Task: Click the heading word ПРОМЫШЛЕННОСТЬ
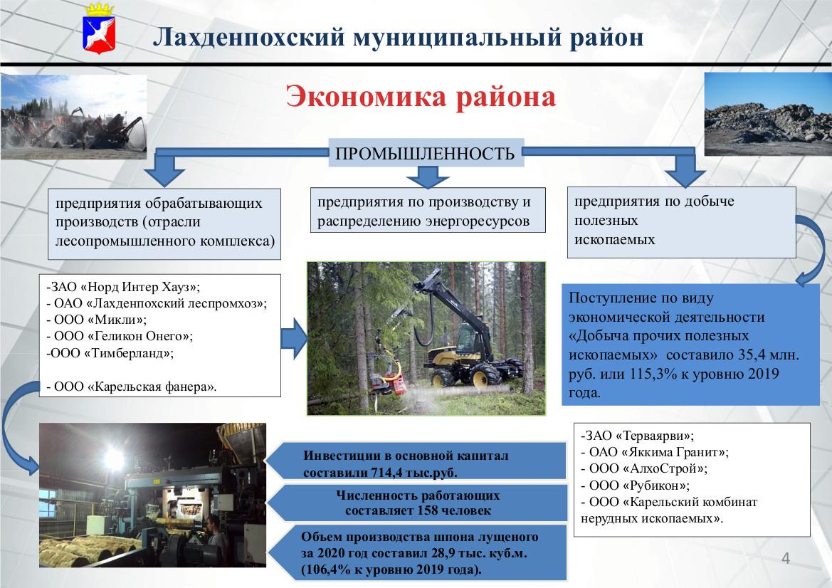click(424, 154)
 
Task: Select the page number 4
click(786, 558)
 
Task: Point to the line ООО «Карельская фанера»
click(131, 387)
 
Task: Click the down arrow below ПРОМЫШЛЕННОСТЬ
click(424, 175)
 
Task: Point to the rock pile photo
click(767, 114)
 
